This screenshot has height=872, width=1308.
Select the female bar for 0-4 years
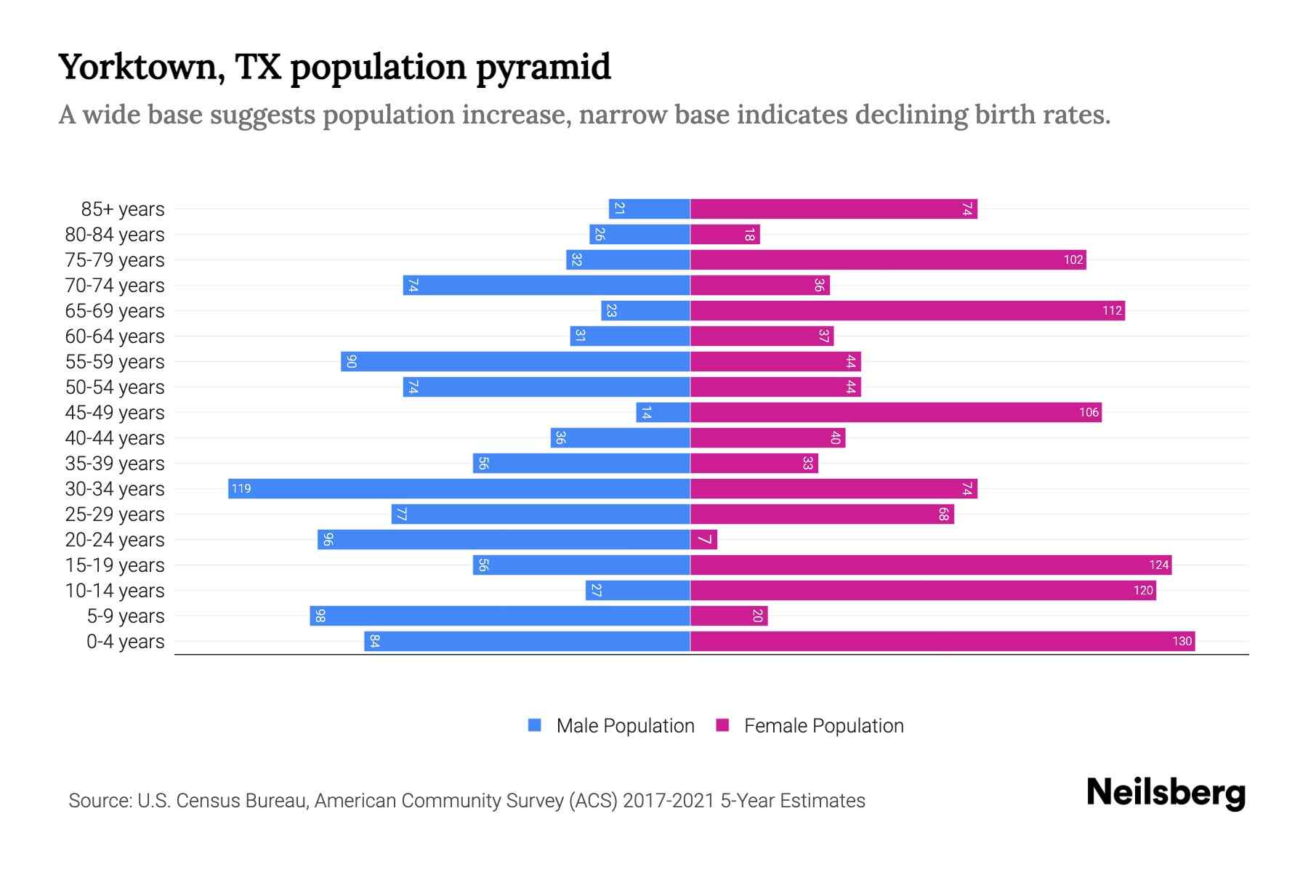(x=942, y=641)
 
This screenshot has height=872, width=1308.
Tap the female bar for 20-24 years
(x=703, y=539)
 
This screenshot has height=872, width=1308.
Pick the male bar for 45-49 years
(x=663, y=412)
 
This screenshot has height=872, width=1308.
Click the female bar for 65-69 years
(x=907, y=310)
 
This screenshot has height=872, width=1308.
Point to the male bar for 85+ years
(x=649, y=209)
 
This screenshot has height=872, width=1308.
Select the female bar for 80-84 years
(x=724, y=234)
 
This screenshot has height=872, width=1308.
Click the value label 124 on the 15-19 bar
(x=1158, y=565)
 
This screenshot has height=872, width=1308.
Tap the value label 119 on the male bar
(x=241, y=488)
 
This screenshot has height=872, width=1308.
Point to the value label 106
(x=1089, y=412)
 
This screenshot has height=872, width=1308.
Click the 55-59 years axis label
(x=115, y=362)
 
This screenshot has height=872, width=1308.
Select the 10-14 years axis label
(x=115, y=591)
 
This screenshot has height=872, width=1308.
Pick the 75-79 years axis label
(x=115, y=260)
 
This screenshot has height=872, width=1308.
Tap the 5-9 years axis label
(x=125, y=616)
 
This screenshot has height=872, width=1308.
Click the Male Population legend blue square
(x=535, y=725)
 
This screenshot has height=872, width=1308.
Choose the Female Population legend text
(x=823, y=726)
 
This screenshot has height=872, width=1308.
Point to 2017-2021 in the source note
(x=669, y=801)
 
